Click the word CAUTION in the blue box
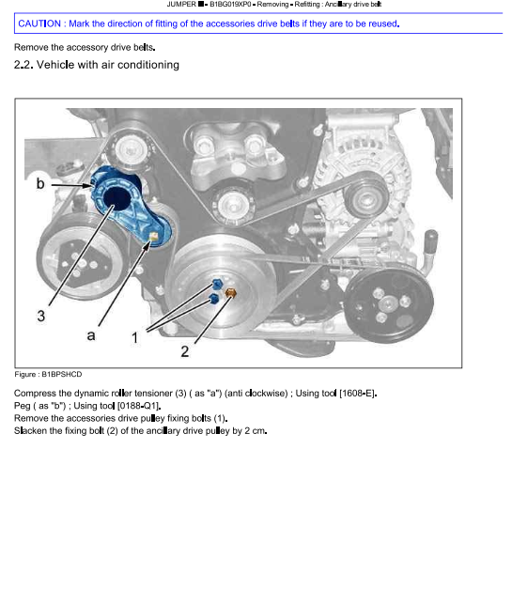pos(39,23)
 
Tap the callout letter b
pos(40,183)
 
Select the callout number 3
pos(41,316)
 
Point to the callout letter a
pos(91,335)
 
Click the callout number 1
pos(135,337)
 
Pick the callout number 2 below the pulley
pos(185,351)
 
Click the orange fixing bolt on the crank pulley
pos(231,293)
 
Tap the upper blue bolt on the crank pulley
pos(218,284)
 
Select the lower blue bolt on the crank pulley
pos(213,299)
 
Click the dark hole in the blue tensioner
pos(116,198)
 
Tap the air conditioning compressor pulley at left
pos(80,256)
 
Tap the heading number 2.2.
pos(23,65)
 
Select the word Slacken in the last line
pos(29,430)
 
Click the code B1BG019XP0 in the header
pos(230,5)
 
